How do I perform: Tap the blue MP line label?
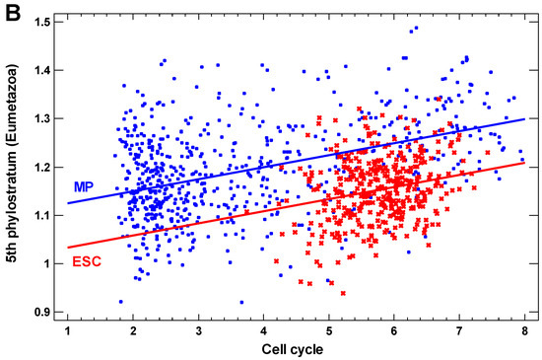pos(85,186)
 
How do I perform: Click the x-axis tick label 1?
pos(67,330)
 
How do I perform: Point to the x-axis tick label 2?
pos(132,330)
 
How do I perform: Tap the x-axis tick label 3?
pos(198,330)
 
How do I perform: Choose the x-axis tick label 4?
pos(263,330)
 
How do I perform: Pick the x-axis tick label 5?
pos(328,330)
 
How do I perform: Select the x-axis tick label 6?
pos(393,330)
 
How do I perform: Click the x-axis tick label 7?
pos(458,330)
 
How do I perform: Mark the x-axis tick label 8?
pos(523,330)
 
